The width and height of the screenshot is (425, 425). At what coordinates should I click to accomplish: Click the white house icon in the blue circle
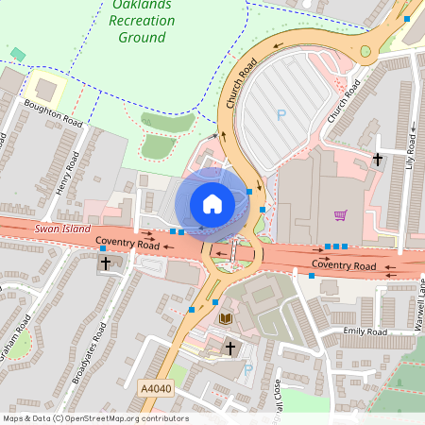(212, 203)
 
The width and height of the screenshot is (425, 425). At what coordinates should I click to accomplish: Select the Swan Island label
(62, 229)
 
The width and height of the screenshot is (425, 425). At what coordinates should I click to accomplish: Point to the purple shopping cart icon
(340, 214)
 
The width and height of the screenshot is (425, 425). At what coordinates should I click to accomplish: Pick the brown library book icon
(225, 318)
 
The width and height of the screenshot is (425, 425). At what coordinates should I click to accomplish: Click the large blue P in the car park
(280, 115)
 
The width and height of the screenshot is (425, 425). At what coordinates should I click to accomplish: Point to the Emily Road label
(365, 332)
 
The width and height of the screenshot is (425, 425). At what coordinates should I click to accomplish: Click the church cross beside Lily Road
(378, 160)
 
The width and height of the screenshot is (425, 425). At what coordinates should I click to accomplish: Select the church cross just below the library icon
(229, 348)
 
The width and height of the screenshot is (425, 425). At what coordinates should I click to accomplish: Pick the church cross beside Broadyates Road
(105, 263)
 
